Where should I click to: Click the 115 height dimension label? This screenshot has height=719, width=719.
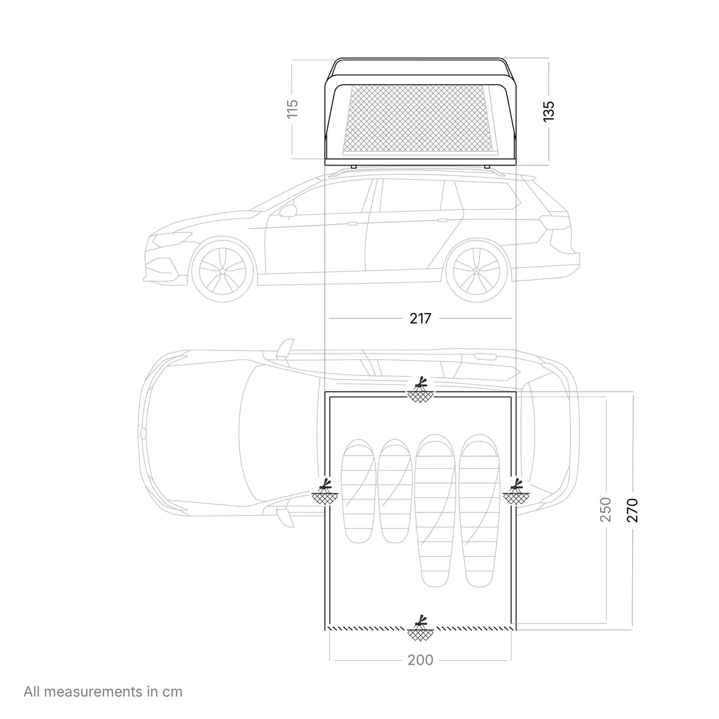tap(292, 109)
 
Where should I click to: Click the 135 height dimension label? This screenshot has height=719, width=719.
tap(548, 111)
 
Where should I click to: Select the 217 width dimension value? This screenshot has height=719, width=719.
tap(420, 318)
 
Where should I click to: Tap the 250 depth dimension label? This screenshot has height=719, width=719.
tap(605, 509)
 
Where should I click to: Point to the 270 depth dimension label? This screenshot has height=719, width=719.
tap(632, 510)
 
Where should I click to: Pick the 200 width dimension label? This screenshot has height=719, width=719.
tap(420, 660)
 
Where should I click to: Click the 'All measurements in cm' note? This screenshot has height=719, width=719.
tap(103, 691)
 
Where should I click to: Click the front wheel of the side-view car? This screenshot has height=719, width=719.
tap(223, 271)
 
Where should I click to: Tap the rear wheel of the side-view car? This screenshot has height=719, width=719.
tap(477, 271)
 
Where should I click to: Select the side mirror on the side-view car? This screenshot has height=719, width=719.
tap(288, 211)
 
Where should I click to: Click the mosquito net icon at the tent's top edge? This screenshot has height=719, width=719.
tap(420, 390)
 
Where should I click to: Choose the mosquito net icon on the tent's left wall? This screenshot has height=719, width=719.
tap(325, 492)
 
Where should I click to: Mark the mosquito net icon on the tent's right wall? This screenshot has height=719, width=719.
tap(516, 492)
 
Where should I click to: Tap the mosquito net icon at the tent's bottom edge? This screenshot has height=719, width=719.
tap(420, 627)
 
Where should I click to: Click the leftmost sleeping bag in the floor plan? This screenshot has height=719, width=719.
tap(359, 491)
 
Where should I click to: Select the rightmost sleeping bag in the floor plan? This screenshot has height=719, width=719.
tap(480, 511)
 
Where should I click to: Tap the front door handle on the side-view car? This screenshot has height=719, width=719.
tap(352, 224)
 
